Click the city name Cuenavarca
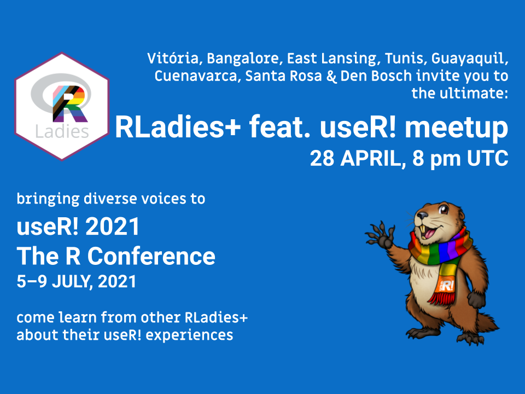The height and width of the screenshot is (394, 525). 196,76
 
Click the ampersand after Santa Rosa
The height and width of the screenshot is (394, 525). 330,76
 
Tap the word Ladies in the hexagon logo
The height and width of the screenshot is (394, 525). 62,131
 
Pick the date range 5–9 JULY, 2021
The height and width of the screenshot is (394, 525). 76,282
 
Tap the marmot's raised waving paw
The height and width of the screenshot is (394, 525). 378,233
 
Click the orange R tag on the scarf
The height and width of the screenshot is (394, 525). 447,285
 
